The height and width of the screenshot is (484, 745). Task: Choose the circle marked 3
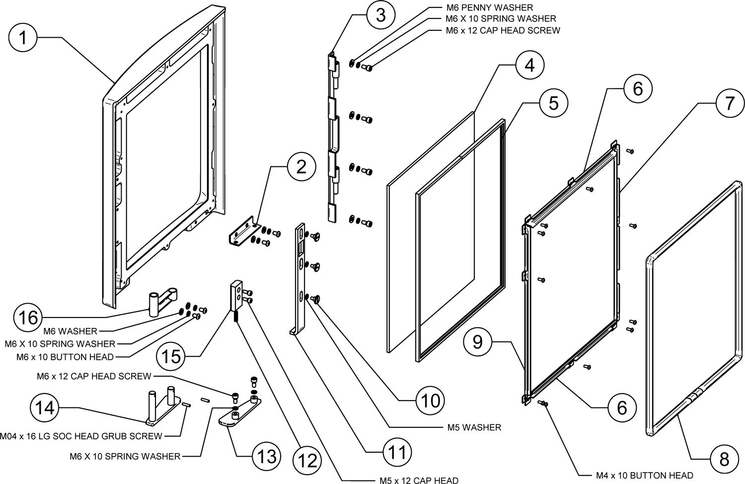[x=380, y=15]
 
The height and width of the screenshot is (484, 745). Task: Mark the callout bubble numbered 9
[x=477, y=342]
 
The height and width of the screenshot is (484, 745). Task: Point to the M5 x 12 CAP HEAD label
[x=415, y=480]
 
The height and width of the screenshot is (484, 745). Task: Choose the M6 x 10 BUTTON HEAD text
[x=65, y=356]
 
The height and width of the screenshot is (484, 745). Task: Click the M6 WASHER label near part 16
[x=70, y=331]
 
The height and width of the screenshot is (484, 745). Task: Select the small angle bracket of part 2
[x=242, y=234]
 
